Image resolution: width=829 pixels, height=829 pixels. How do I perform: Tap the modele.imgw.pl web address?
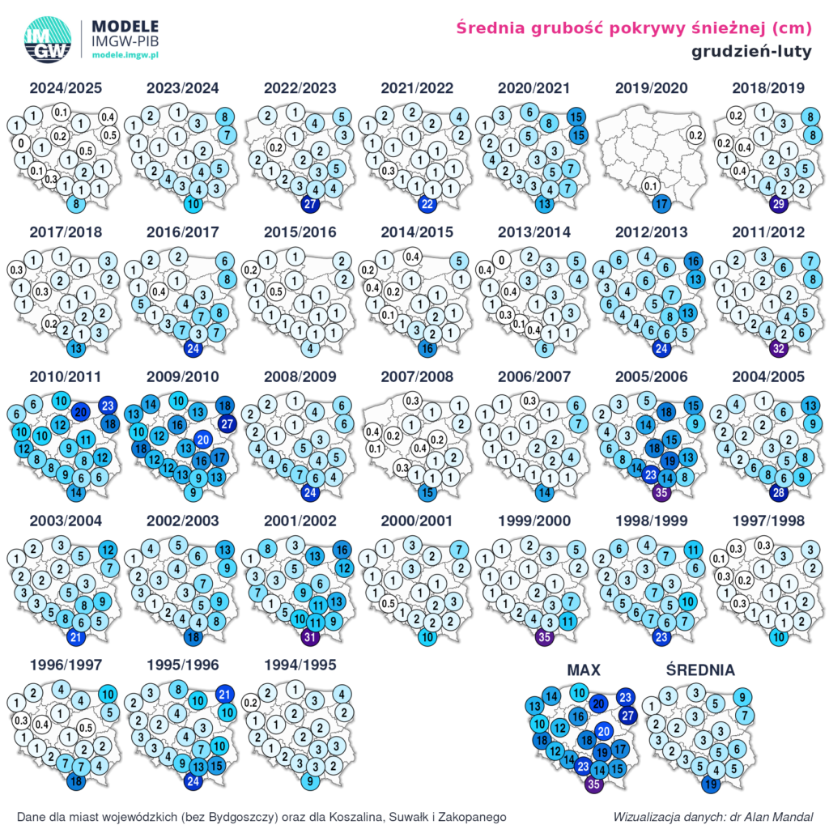tap(125, 53)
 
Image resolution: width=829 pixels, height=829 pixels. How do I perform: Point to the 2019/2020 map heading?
tap(651, 88)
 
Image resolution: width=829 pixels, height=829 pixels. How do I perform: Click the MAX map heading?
tap(583, 670)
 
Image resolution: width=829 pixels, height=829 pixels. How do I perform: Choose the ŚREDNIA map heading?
tap(700, 670)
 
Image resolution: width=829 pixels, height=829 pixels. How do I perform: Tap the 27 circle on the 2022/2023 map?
tap(310, 205)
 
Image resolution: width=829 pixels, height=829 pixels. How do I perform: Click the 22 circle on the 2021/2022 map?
tap(428, 205)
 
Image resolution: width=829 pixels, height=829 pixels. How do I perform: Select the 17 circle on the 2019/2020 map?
tap(661, 205)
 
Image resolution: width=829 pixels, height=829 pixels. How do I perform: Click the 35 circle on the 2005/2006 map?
tap(661, 493)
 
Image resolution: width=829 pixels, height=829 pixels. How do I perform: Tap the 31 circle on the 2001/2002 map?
tap(310, 637)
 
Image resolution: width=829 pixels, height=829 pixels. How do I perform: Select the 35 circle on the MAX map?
tap(595, 784)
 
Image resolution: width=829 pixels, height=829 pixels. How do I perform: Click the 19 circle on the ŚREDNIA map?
tap(711, 784)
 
